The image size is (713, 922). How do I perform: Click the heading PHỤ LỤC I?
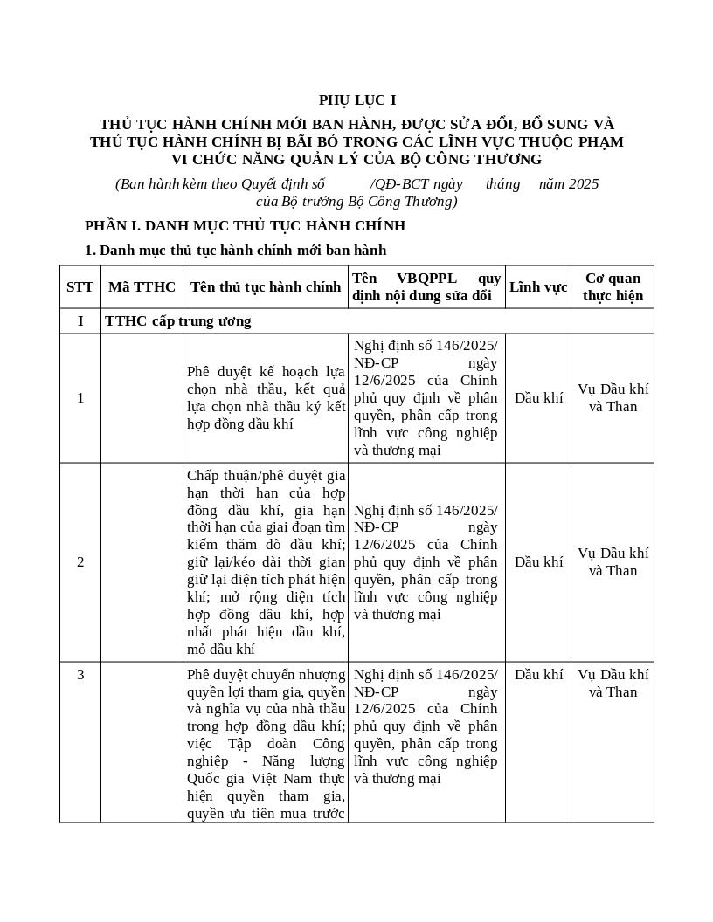(356, 100)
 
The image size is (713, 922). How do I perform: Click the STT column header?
(80, 286)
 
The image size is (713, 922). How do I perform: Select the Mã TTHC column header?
(142, 286)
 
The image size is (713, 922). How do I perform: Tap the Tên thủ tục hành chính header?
(266, 286)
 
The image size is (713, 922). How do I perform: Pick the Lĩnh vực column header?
(538, 286)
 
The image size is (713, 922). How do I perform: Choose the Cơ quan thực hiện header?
(613, 286)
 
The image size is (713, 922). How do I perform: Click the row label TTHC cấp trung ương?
(178, 320)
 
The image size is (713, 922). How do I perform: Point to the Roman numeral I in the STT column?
(80, 320)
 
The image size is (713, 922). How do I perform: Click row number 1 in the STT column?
(80, 398)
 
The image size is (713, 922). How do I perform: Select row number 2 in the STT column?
(80, 561)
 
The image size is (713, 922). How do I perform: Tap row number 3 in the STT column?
(80, 674)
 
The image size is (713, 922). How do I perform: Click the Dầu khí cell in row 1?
(538, 398)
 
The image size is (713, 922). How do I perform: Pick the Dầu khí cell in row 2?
(538, 561)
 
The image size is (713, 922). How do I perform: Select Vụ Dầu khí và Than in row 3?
(613, 683)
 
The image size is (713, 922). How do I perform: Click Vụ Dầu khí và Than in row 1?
(613, 398)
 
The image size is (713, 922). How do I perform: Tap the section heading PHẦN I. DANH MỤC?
(245, 225)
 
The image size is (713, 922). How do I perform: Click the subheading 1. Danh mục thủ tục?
(235, 250)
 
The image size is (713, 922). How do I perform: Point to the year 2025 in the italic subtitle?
(583, 183)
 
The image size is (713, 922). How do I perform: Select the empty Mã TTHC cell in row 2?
(142, 561)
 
